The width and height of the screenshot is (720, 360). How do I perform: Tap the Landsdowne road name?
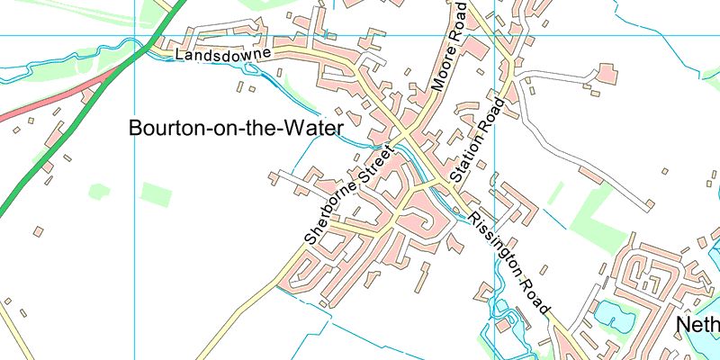point(223,55)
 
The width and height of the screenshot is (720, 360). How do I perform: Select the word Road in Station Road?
point(490,115)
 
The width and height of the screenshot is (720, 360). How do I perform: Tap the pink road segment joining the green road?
point(54,95)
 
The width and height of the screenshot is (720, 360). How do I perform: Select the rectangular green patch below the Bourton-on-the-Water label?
point(156,194)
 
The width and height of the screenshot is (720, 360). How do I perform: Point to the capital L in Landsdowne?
point(180,57)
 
